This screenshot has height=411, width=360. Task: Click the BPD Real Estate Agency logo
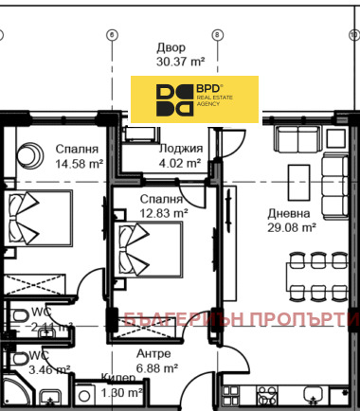coord(194,99)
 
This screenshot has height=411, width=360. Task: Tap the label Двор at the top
coord(171,47)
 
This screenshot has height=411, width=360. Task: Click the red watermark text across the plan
coord(237,319)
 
